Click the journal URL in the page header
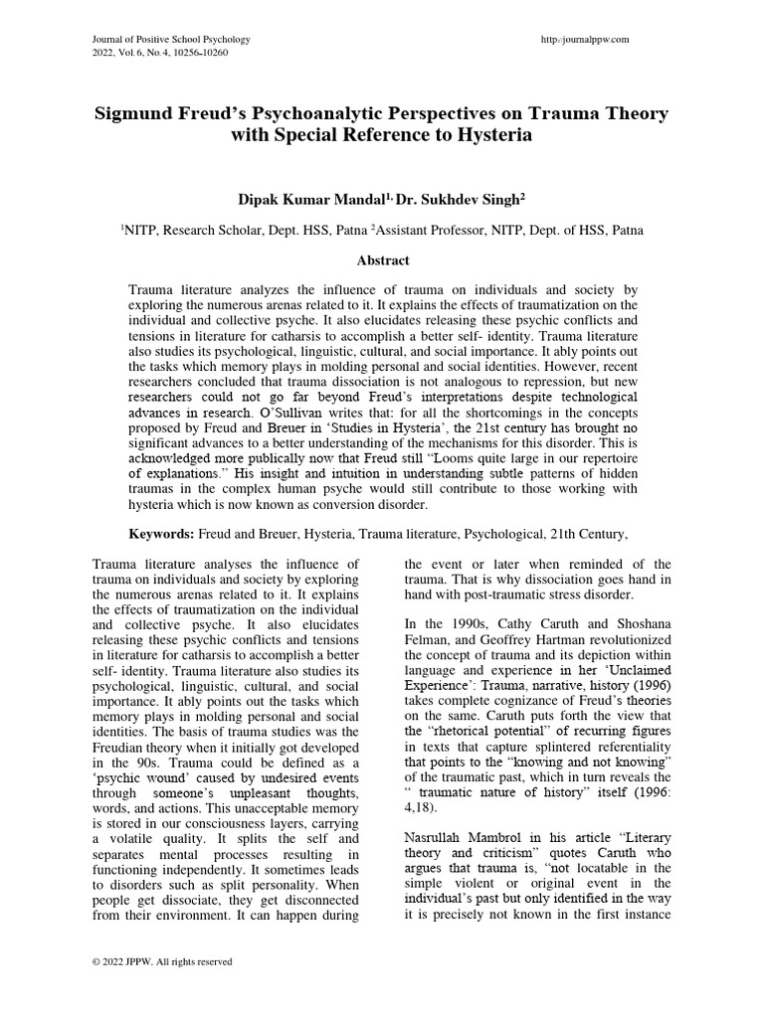(x=583, y=39)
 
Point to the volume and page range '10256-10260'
(x=199, y=53)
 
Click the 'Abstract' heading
(x=383, y=260)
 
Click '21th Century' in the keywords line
(x=588, y=534)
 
